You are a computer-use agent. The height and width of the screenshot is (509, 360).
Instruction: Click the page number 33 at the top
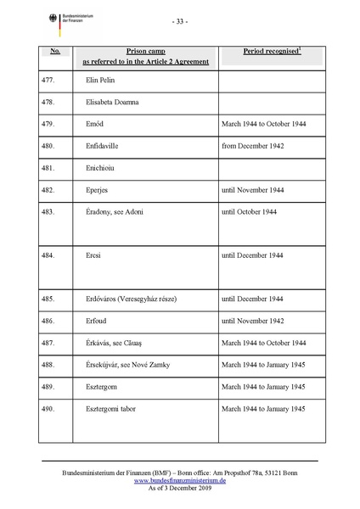point(180,20)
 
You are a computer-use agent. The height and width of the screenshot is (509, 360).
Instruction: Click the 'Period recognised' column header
point(272,52)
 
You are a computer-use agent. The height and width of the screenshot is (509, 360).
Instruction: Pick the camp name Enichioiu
point(104,168)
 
